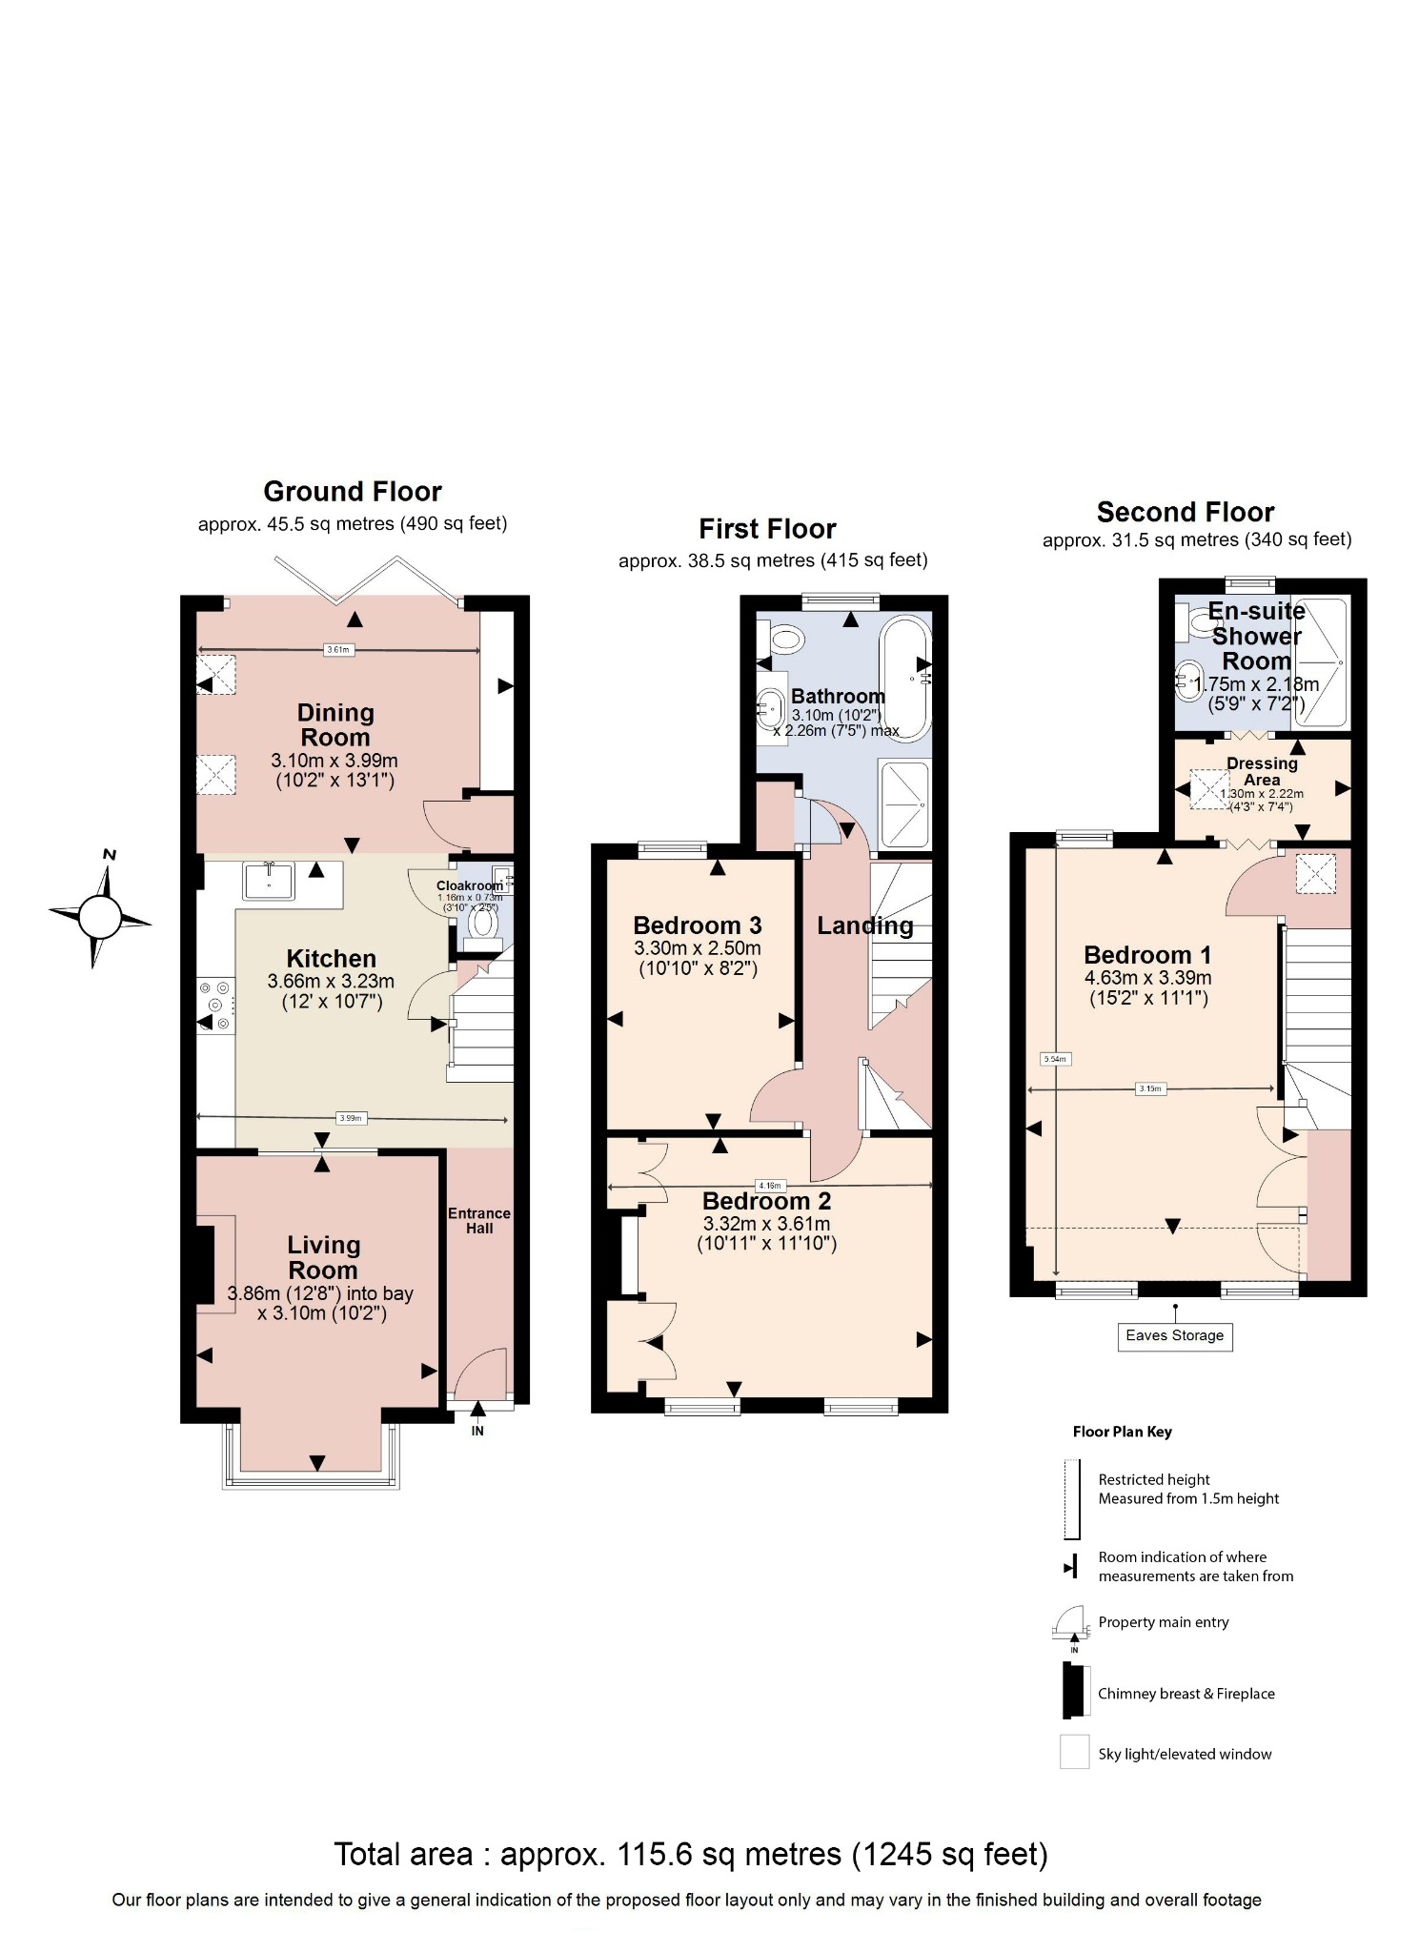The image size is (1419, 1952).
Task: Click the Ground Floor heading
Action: [x=353, y=492]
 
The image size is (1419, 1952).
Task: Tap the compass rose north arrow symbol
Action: [x=100, y=917]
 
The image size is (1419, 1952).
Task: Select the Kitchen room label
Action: [x=331, y=958]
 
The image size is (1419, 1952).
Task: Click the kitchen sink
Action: [x=269, y=881]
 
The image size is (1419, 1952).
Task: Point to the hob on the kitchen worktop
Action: [x=216, y=1005]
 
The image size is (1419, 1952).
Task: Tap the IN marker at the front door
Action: [x=477, y=1431]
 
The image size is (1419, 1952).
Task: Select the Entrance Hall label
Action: [x=479, y=1220]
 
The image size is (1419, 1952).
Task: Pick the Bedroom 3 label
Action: [x=697, y=925]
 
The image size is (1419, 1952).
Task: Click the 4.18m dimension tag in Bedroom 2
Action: [x=769, y=1186]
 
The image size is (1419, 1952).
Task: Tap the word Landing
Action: [x=864, y=925]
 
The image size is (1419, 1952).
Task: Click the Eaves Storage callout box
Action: [x=1174, y=1335]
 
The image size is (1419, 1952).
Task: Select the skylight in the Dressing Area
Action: [x=1210, y=789]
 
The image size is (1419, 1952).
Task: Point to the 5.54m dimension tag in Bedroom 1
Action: [x=1055, y=1058]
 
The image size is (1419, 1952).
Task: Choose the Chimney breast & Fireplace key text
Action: [x=1186, y=1694]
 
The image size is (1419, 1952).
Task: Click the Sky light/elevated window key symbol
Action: [x=1074, y=1752]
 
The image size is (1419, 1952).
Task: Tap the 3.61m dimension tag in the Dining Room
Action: [x=338, y=650]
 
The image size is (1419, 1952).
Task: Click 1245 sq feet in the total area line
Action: [x=950, y=1854]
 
